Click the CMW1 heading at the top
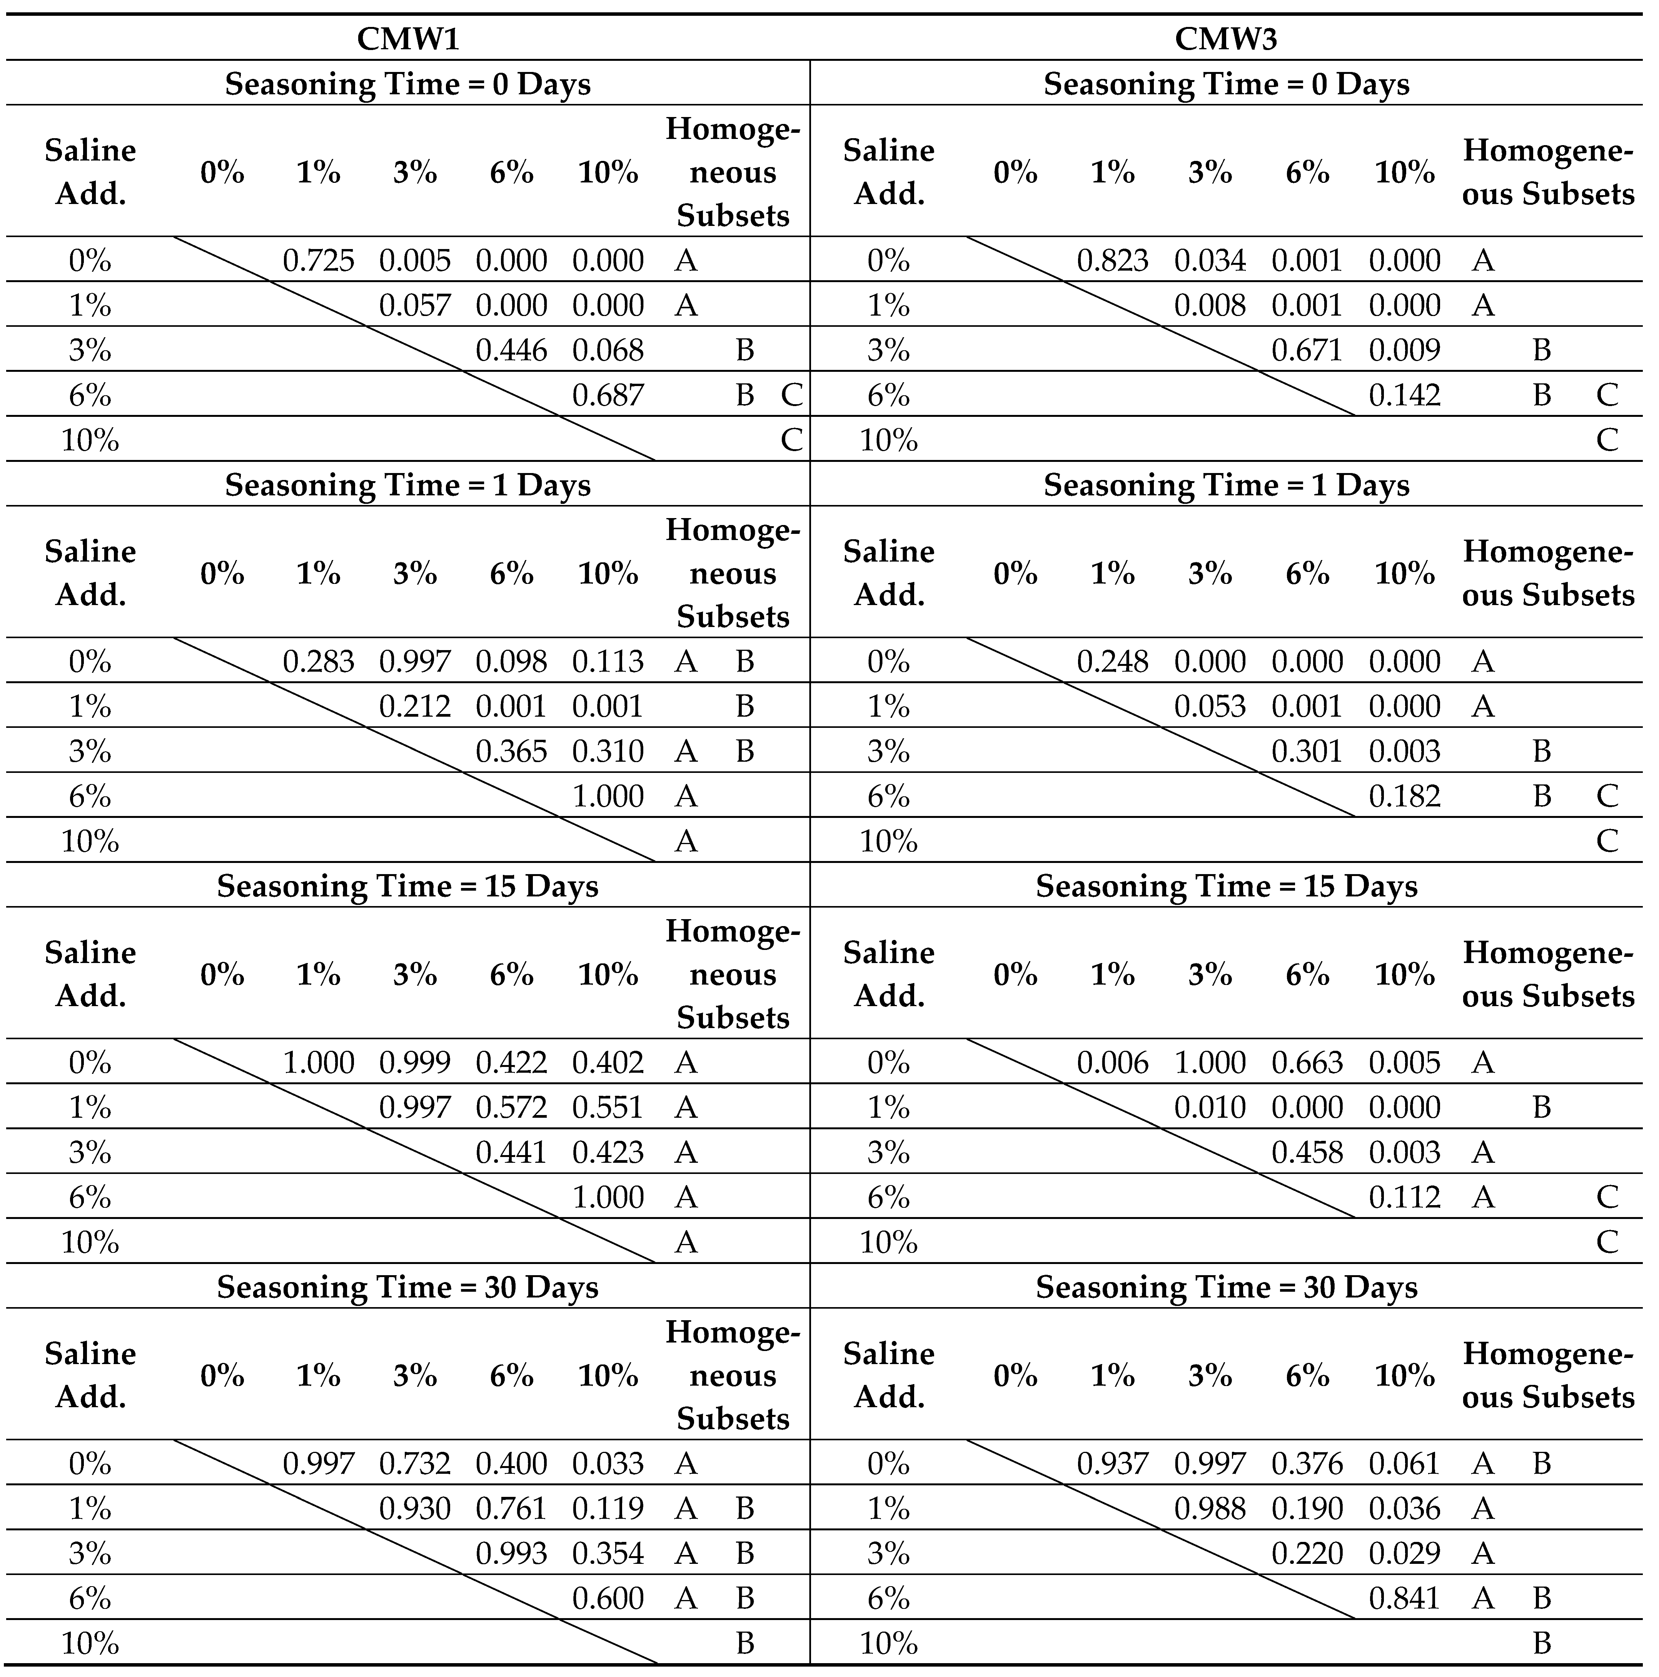(408, 39)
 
